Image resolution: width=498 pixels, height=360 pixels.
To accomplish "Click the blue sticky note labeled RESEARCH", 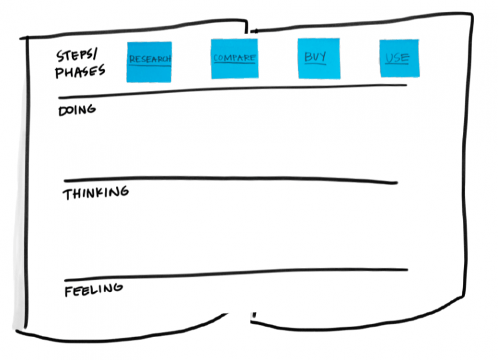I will pos(149,62).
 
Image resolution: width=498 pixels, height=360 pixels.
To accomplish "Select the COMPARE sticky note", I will pos(234,59).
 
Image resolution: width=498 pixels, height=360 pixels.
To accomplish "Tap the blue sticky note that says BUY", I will pos(318,58).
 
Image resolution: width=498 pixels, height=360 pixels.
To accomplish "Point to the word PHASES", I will pos(80,72).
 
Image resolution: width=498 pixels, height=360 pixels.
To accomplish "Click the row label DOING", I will pos(76,110).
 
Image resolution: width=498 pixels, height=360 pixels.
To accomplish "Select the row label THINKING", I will pos(95,193).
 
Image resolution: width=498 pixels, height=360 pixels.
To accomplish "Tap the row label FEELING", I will pos(94,289).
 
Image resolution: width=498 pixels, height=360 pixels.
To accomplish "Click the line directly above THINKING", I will pos(234,178).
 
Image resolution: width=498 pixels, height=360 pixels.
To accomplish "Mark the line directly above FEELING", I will pos(234,274).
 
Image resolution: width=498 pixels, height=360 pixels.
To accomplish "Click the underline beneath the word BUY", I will pos(315,64).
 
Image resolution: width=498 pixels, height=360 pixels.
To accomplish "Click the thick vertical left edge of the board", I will pos(26,176).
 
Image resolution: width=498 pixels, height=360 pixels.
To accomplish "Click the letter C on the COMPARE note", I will pos(216,58).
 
